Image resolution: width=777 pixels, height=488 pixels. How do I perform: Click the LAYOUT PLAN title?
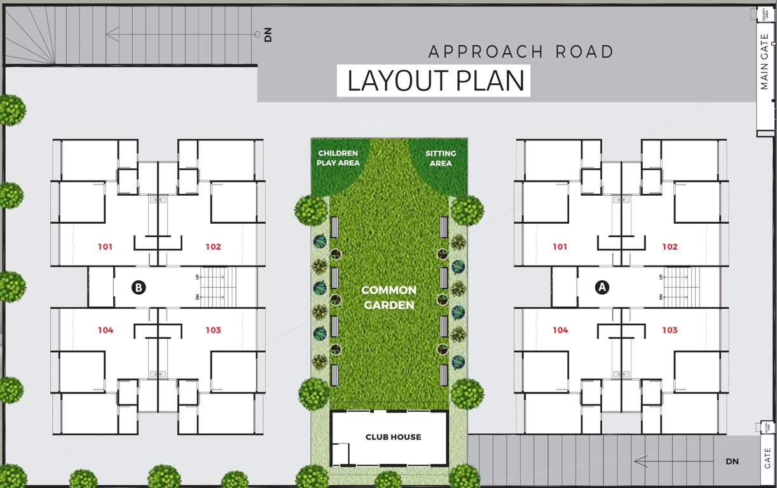coord(436,81)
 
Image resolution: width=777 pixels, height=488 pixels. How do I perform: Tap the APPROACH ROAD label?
coord(521,51)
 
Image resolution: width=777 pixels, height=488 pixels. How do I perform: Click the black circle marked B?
coord(138,287)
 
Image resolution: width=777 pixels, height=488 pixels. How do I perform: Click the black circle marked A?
coord(602,287)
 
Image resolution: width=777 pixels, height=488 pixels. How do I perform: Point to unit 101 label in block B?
coord(106,247)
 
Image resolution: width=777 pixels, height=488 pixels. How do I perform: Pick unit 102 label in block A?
coord(670,247)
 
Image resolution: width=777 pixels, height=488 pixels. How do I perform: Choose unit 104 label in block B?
coord(106,330)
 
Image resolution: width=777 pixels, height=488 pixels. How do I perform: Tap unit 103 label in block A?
coord(670,330)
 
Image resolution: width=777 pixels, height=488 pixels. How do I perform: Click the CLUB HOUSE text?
coord(393,437)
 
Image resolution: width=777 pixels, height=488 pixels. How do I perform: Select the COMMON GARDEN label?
coord(388,297)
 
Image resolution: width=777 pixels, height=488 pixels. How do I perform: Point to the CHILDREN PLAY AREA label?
coord(338,158)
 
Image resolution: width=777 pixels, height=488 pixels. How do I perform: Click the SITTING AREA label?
coord(441,158)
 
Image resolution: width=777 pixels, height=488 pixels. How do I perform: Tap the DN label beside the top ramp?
coord(268,36)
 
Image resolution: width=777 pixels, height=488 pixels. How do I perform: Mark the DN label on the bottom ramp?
coord(732,461)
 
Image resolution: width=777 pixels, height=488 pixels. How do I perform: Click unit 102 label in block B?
coord(213,247)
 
